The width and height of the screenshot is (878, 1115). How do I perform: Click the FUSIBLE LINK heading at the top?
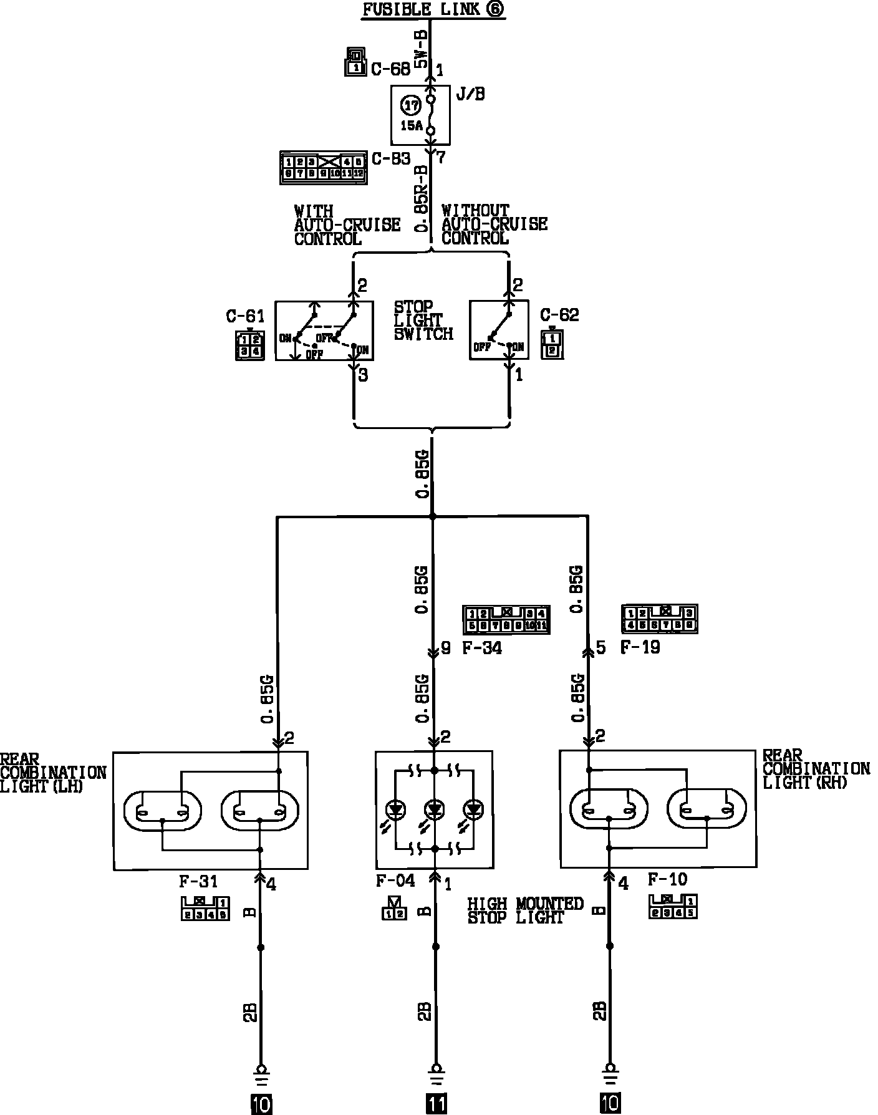pos(433,10)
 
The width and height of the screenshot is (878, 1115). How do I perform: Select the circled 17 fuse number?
pos(410,106)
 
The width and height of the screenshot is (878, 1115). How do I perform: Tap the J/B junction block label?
pos(471,95)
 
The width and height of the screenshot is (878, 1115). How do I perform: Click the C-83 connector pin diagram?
pos(323,167)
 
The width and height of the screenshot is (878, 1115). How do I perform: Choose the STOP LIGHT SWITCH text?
pos(423,321)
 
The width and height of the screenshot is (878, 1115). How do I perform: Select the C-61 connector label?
pos(245,316)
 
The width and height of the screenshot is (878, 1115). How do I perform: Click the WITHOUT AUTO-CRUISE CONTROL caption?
pos(494,224)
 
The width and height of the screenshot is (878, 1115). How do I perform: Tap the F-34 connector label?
pos(481,648)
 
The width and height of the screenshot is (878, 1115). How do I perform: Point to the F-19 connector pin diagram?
pos(659,619)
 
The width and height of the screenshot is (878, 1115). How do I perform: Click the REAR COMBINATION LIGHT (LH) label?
pos(53,773)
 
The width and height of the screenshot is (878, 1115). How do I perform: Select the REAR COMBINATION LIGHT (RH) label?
pos(816,769)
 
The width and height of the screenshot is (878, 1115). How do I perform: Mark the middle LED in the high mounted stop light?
pos(435,809)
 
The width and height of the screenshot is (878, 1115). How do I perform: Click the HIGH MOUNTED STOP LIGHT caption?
pos(525,910)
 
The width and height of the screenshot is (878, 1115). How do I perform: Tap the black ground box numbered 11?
pos(436,1104)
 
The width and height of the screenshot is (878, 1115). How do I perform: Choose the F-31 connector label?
pos(198,882)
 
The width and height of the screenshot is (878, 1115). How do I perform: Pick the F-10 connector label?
pos(667,880)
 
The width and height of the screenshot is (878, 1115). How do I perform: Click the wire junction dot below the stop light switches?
pos(432,516)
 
